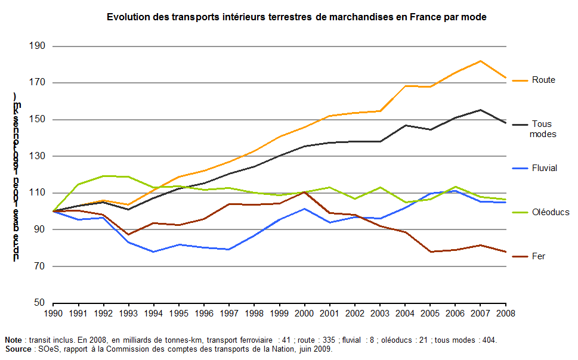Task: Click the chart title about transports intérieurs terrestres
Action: tap(296, 17)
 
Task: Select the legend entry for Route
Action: tap(543, 80)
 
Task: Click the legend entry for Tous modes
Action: tap(542, 129)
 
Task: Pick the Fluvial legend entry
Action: tap(544, 168)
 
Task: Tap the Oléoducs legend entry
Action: tap(550, 212)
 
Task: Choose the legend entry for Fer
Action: tap(538, 256)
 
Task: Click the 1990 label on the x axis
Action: tap(54, 312)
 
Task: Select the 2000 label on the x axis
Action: tap(305, 312)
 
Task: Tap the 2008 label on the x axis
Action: tap(506, 312)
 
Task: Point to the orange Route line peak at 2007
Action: tap(481, 61)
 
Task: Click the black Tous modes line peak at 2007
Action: tap(481, 110)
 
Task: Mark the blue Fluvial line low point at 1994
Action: tap(154, 252)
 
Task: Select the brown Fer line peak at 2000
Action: tap(305, 192)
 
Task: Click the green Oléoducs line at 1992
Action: tap(104, 176)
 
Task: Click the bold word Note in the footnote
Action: tap(14, 340)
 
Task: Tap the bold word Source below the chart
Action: tap(18, 349)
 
